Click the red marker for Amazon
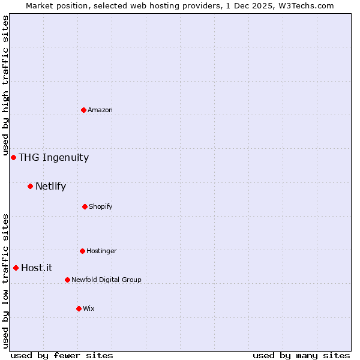(x=83, y=110)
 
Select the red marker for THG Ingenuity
(x=13, y=157)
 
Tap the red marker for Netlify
(x=30, y=186)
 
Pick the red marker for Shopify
(x=85, y=206)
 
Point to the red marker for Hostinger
(x=82, y=251)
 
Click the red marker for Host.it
(x=16, y=268)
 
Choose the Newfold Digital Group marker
(x=67, y=280)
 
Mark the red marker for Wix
(x=79, y=308)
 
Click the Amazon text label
(x=100, y=110)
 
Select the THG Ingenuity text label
(x=53, y=158)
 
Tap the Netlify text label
(x=50, y=187)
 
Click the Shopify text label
(x=101, y=206)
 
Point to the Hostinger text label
(x=101, y=251)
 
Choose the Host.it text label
(x=37, y=268)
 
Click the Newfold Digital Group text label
(x=106, y=280)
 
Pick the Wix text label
(x=89, y=308)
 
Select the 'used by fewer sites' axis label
(x=62, y=355)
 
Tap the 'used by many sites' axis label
(x=301, y=355)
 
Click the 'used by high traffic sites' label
(x=5, y=85)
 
